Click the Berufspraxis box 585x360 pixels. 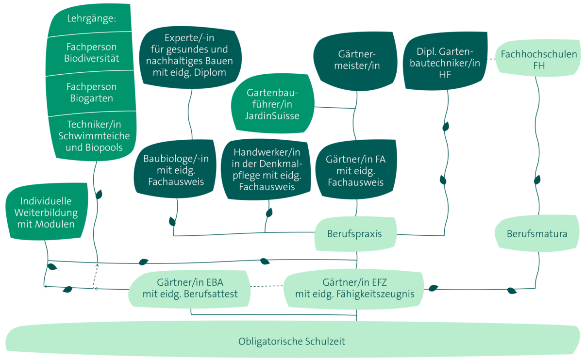tap(355, 234)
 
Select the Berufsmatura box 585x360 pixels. tap(536, 234)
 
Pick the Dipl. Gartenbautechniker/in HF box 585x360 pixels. tap(445, 63)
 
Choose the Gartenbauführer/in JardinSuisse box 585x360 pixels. tap(272, 104)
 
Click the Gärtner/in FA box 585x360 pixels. tap(355, 170)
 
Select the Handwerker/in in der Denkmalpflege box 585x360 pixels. tap(267, 169)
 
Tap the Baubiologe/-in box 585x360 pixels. tap(176, 170)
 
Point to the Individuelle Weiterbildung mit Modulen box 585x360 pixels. tap(46, 213)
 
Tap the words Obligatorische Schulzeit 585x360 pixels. tap(292, 341)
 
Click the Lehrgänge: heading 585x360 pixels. tap(91, 19)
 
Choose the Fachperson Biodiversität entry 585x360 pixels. tap(91, 53)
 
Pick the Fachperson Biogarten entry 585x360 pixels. tap(91, 92)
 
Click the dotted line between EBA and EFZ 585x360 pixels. tap(267, 286)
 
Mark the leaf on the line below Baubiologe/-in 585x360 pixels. tap(172, 221)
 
